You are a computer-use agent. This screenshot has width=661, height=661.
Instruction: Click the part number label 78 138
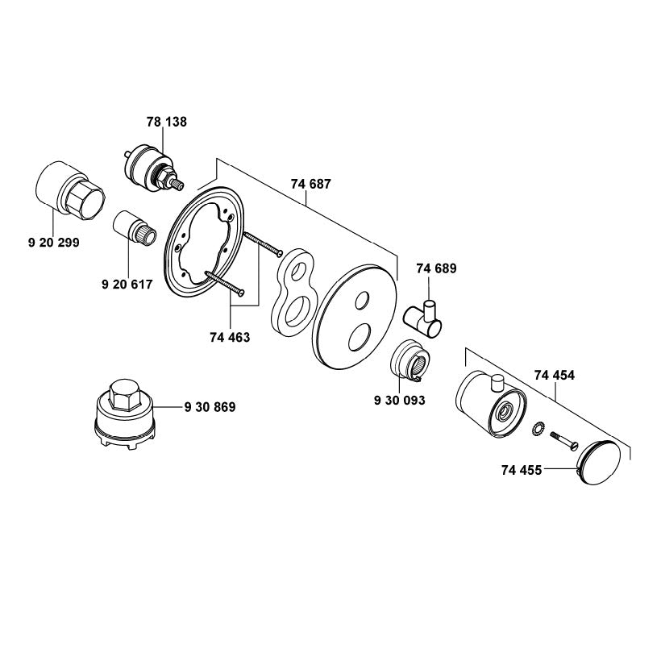[x=167, y=123]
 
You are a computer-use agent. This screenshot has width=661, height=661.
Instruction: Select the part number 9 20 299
[x=53, y=241]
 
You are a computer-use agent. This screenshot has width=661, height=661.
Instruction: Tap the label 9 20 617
[x=128, y=285]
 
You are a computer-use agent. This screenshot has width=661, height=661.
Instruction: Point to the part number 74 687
[x=310, y=185]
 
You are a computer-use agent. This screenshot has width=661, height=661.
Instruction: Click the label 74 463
[x=229, y=338]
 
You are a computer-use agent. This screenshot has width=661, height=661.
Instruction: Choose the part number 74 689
[x=436, y=269]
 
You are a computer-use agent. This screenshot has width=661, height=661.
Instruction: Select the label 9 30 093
[x=400, y=399]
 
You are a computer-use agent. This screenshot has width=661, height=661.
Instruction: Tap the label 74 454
[x=555, y=375]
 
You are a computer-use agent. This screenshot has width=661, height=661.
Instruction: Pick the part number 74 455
[x=522, y=468]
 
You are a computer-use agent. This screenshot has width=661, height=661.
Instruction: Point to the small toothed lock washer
[x=537, y=428]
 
